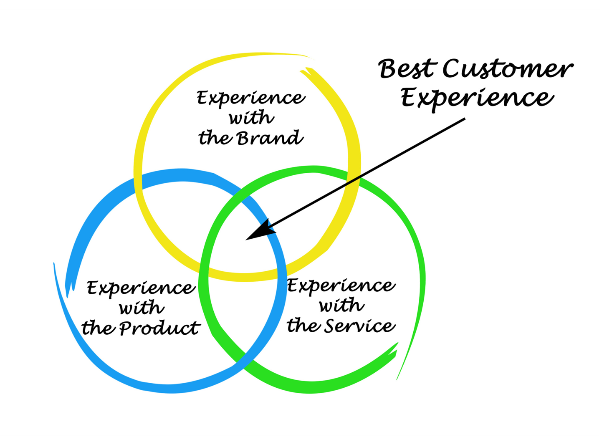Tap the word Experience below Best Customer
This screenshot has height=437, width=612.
tap(477, 98)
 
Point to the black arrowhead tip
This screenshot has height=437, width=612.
tap(247, 240)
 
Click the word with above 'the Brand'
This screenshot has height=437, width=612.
tap(251, 118)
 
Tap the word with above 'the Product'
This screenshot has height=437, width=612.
tap(142, 308)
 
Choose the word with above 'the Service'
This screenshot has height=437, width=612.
tap(341, 306)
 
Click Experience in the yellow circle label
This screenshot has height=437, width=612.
tap(251, 99)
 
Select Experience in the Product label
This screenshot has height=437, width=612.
tap(141, 288)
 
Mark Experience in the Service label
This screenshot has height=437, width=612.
tap(341, 286)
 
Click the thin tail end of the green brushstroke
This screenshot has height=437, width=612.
tap(397, 378)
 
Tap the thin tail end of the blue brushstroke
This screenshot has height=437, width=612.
tap(54, 265)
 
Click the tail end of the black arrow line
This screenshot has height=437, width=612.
tap(464, 119)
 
